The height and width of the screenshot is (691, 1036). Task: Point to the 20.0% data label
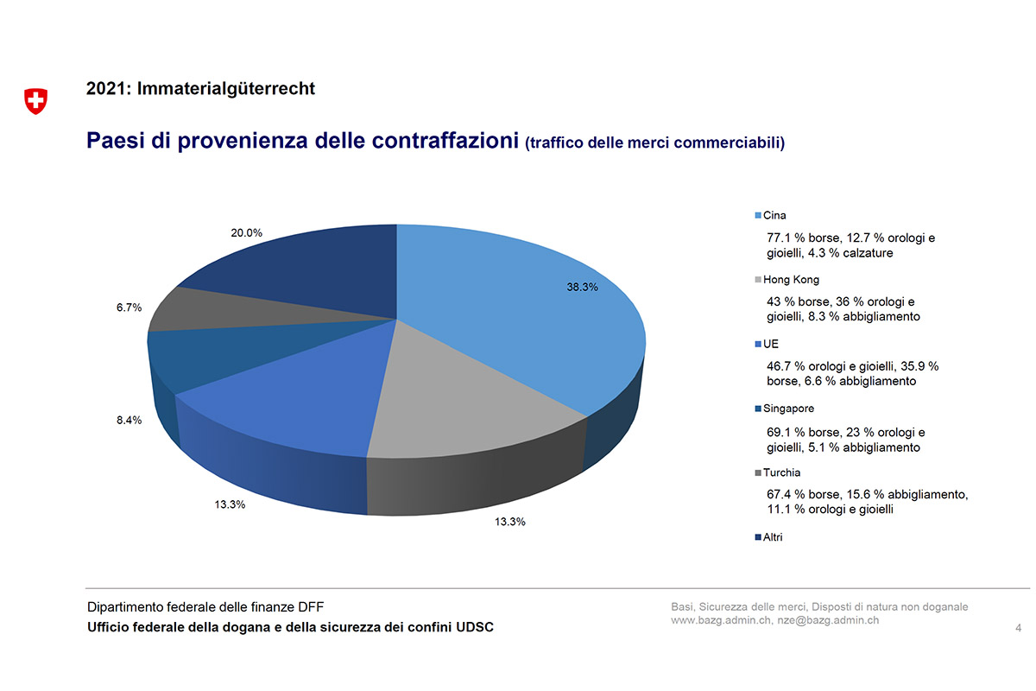pos(246,232)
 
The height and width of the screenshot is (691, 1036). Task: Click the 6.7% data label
pos(129,307)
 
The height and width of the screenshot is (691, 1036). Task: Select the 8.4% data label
pos(129,421)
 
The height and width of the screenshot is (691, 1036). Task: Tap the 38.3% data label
pos(582,288)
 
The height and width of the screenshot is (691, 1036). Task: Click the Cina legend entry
pos(774,215)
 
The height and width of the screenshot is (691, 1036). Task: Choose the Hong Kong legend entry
pos(790,280)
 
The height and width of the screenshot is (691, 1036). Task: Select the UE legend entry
pos(770,344)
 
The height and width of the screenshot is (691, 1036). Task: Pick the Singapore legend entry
pos(787,409)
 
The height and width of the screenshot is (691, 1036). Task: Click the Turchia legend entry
pos(780,472)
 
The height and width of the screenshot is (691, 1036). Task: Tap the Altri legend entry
pos(772,537)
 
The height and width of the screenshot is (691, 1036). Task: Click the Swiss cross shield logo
pos(35,101)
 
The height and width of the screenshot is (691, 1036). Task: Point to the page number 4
pos(1019,627)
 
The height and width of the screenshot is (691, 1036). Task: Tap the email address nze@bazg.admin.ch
pos(828,620)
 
